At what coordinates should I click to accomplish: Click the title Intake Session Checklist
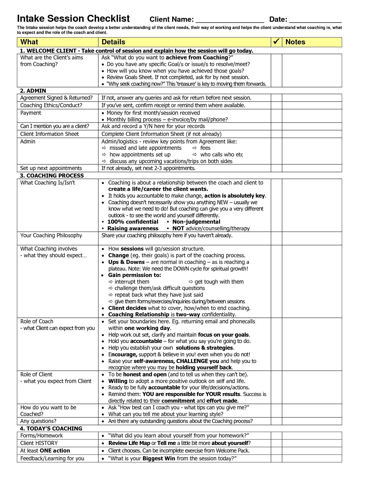click(x=74, y=19)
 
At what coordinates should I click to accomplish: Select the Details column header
click(x=113, y=42)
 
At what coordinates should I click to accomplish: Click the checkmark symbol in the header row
click(x=276, y=42)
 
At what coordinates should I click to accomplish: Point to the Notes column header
click(x=295, y=42)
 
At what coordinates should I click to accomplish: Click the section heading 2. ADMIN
click(x=33, y=91)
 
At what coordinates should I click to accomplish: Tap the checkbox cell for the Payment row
click(x=276, y=116)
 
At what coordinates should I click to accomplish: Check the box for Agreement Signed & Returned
click(x=276, y=98)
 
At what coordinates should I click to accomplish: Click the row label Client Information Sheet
click(x=49, y=134)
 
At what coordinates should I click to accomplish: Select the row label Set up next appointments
click(x=51, y=168)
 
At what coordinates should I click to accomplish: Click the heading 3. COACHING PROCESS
click(x=52, y=176)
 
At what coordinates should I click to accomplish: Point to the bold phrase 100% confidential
click(x=133, y=222)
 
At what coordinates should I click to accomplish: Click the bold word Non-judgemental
click(x=196, y=222)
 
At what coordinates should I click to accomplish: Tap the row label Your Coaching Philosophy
click(x=51, y=236)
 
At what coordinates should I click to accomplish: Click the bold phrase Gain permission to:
click(x=135, y=275)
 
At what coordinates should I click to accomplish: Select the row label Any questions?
click(x=38, y=421)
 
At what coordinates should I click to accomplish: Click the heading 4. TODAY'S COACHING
click(x=51, y=428)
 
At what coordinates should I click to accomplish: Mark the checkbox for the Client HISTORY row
click(x=276, y=443)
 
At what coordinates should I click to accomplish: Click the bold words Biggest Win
click(x=159, y=459)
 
